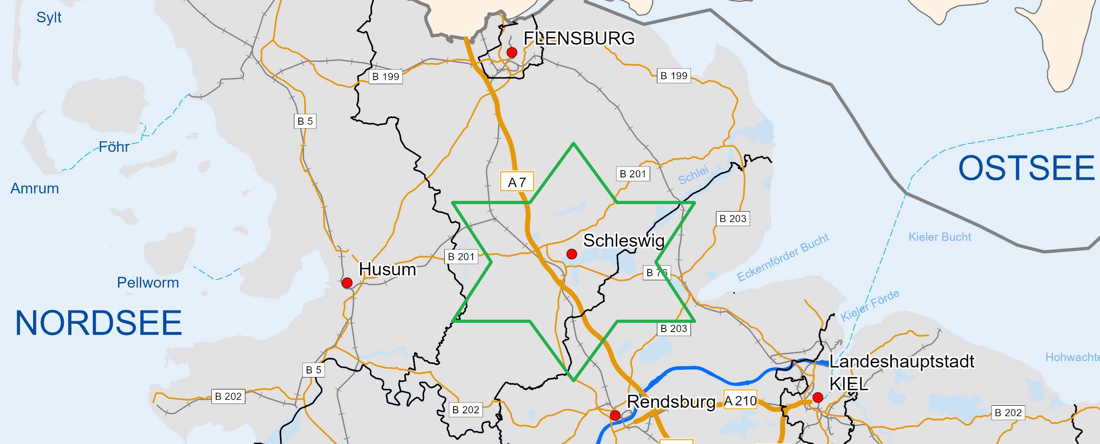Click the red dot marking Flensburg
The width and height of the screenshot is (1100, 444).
[x=512, y=53]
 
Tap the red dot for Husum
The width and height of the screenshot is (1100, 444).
[x=347, y=283]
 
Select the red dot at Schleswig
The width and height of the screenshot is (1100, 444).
[x=572, y=254]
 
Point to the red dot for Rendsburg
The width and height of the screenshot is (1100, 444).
[x=615, y=415]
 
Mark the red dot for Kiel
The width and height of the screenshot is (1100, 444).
[x=817, y=398]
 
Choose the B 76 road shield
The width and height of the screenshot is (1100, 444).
[x=657, y=272]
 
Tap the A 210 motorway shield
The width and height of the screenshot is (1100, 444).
[x=740, y=401]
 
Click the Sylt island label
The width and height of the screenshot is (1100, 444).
[x=49, y=18]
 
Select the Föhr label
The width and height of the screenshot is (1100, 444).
[x=114, y=147]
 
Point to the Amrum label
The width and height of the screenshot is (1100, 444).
[x=35, y=188]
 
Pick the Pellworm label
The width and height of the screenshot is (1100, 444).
[x=148, y=283]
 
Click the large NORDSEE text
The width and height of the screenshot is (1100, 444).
[x=99, y=323]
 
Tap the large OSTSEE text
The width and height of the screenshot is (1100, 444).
[x=1026, y=168]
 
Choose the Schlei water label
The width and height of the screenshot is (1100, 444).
[x=693, y=175]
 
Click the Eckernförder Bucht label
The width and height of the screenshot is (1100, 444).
[x=783, y=257]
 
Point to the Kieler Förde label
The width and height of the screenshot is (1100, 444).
[x=870, y=305]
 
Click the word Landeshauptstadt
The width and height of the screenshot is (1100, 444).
[x=901, y=361]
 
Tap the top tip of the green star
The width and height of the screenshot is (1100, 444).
[x=574, y=143]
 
